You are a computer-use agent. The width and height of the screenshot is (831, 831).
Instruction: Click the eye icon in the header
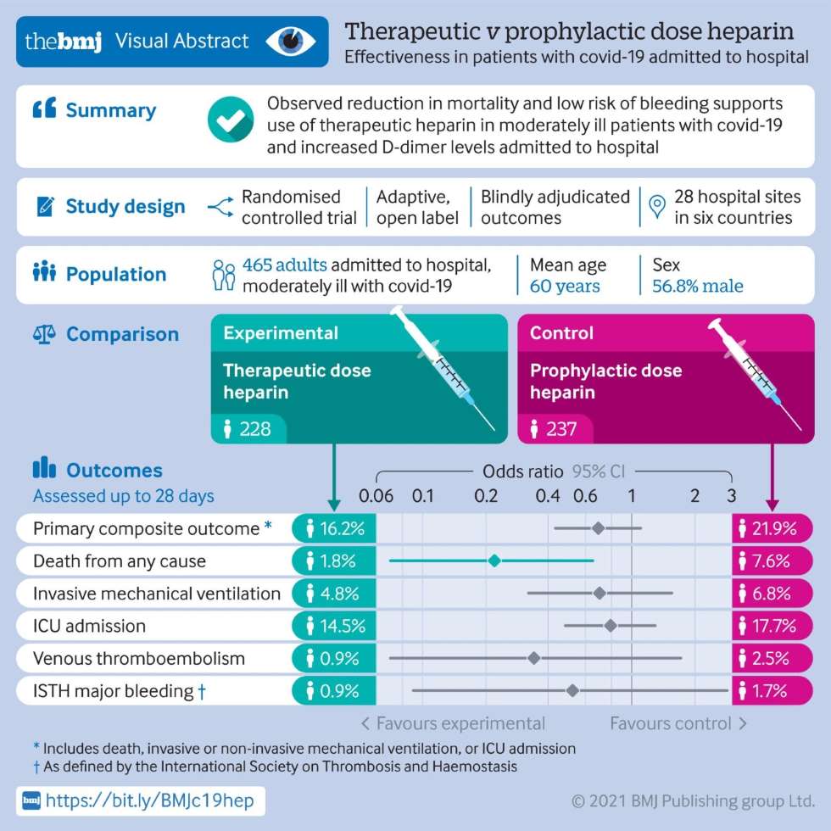pyautogui.click(x=291, y=41)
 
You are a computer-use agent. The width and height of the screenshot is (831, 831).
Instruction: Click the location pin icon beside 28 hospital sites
pyautogui.click(x=655, y=207)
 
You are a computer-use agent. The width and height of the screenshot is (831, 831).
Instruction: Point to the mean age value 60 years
pyautogui.click(x=565, y=286)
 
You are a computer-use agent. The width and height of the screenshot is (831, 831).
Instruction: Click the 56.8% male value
pyautogui.click(x=697, y=286)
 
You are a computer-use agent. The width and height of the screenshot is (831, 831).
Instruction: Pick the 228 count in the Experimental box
pyautogui.click(x=254, y=428)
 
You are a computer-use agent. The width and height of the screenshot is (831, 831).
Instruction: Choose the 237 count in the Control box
pyautogui.click(x=561, y=428)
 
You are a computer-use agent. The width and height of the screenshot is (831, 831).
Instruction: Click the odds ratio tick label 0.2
pyautogui.click(x=486, y=496)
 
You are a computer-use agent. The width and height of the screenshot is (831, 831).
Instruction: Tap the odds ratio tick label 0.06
pyautogui.click(x=376, y=496)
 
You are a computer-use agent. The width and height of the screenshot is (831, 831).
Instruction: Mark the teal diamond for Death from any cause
pyautogui.click(x=494, y=561)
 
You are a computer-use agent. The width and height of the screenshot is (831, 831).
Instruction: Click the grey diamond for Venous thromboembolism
pyautogui.click(x=533, y=658)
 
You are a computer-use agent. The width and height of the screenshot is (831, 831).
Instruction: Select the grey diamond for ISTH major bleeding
pyautogui.click(x=572, y=690)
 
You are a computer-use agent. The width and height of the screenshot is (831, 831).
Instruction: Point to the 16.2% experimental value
pyautogui.click(x=342, y=529)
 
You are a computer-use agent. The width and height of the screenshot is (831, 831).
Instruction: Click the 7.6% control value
pyautogui.click(x=771, y=561)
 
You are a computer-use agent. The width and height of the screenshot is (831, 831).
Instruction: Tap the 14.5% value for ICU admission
pyautogui.click(x=342, y=627)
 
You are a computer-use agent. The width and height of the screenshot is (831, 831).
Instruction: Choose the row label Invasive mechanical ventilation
pyautogui.click(x=157, y=594)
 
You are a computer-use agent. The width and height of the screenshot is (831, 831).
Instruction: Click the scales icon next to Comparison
pyautogui.click(x=43, y=333)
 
